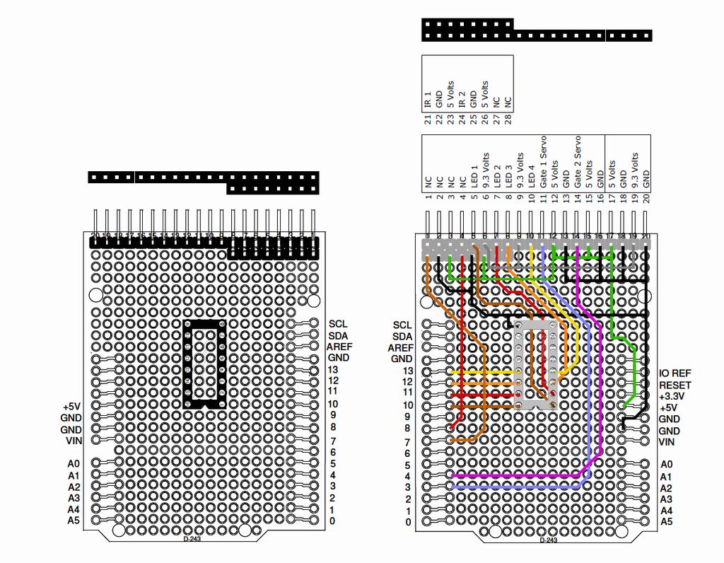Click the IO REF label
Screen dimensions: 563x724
point(675,373)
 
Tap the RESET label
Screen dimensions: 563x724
point(675,385)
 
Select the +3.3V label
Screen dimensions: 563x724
point(675,396)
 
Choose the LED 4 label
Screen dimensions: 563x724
point(532,174)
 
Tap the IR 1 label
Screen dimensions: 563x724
point(428,98)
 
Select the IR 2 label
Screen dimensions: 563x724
point(462,98)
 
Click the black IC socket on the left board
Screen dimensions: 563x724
point(205,364)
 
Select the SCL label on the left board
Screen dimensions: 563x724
point(338,323)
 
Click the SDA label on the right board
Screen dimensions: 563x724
point(402,336)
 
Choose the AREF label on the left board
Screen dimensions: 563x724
point(339,347)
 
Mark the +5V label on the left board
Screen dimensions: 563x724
point(72,407)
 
